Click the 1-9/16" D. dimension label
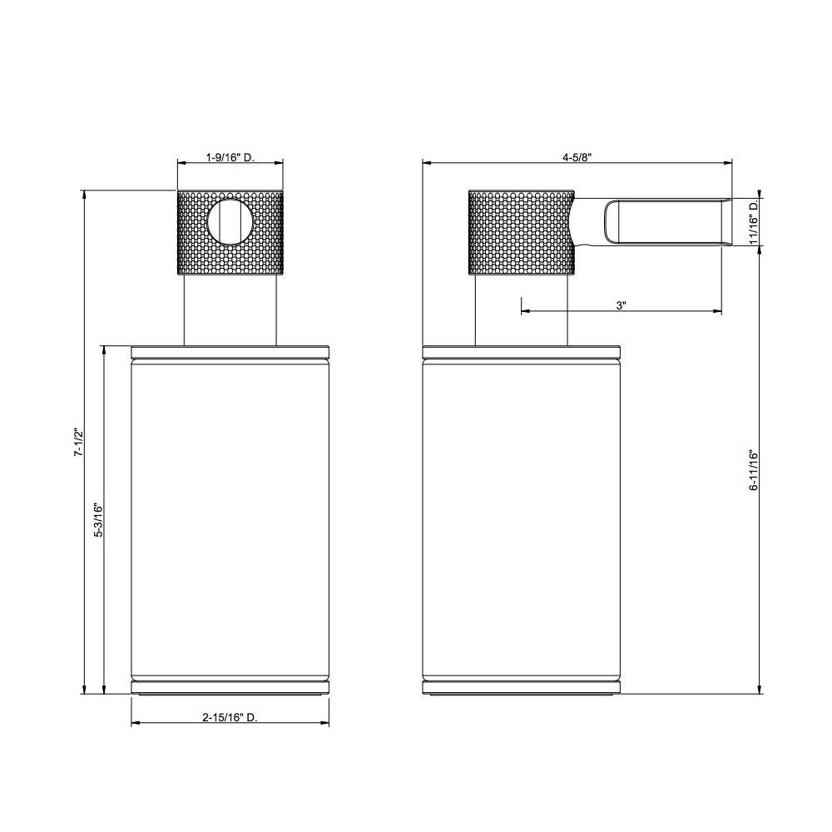[230, 157]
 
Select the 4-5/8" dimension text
[577, 157]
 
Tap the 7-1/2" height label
[78, 442]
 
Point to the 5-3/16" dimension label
[99, 520]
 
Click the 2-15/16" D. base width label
[230, 717]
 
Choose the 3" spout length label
[622, 305]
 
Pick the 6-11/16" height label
[754, 470]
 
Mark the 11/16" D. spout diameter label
[754, 222]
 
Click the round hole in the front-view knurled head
[230, 220]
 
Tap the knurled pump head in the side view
[521, 232]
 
